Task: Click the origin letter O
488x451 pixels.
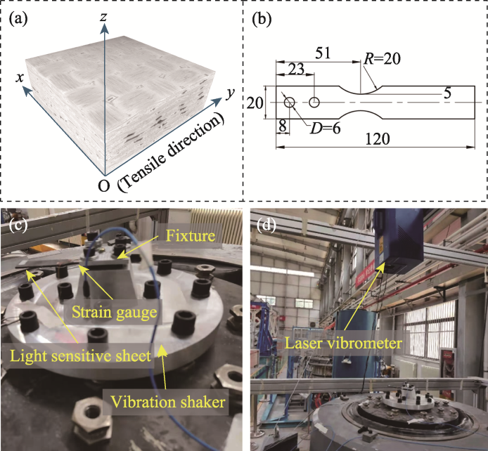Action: tap(103, 186)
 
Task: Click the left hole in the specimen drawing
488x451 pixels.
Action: tap(290, 103)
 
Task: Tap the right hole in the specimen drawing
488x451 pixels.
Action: tap(314, 103)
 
